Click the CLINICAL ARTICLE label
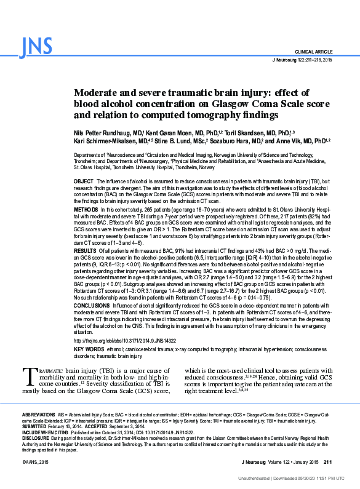[314, 52]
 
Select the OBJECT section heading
[83, 182]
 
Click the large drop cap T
[28, 376]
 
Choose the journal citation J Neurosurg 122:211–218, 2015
[302, 60]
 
